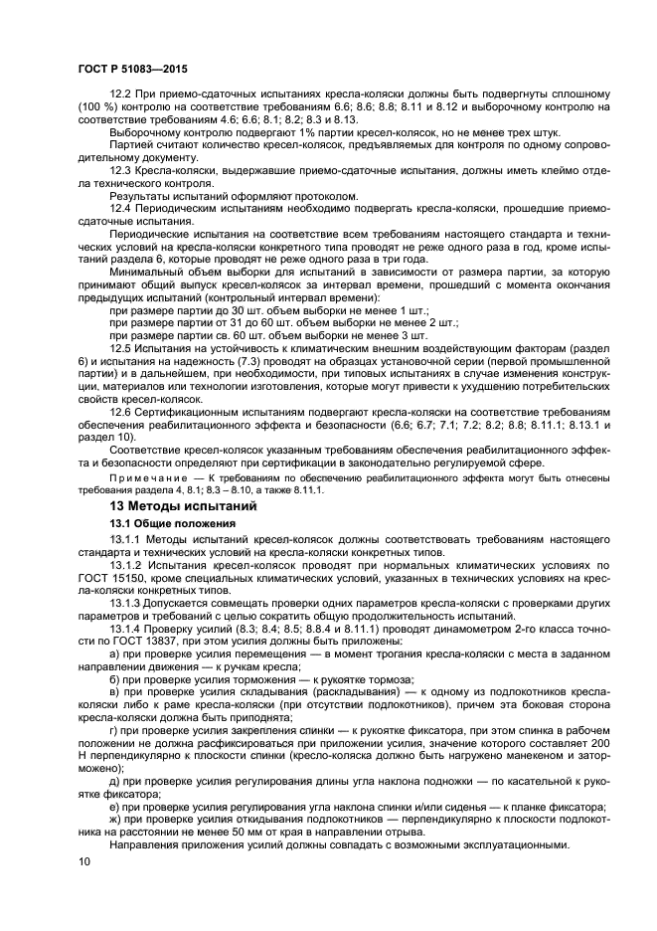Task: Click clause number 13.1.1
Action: point(125,539)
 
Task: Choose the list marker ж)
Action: point(115,820)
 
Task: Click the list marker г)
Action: point(114,730)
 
